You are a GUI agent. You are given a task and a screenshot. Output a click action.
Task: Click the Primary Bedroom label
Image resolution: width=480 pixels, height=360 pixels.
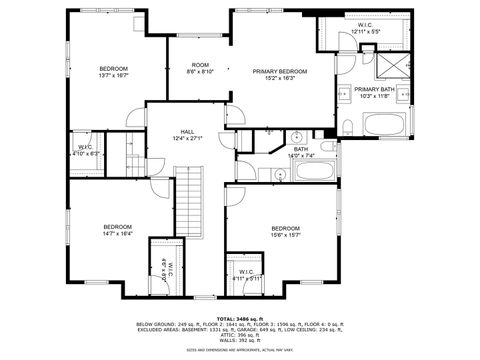pyautogui.click(x=279, y=72)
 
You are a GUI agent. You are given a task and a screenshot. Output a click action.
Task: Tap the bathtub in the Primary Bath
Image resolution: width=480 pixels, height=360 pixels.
pyautogui.click(x=387, y=127)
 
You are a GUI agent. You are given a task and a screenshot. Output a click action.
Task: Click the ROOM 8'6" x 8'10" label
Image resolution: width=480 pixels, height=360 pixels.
pyautogui.click(x=200, y=68)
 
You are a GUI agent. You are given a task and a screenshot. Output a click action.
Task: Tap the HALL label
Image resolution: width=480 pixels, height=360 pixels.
pyautogui.click(x=188, y=131)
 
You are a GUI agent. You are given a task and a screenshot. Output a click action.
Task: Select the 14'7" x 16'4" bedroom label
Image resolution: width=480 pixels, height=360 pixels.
pyautogui.click(x=118, y=230)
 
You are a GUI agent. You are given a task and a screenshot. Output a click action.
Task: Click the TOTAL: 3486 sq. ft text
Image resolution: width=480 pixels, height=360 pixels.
pyautogui.click(x=239, y=317)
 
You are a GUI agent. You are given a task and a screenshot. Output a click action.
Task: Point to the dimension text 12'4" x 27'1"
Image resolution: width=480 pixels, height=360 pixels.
pyautogui.click(x=188, y=137)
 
